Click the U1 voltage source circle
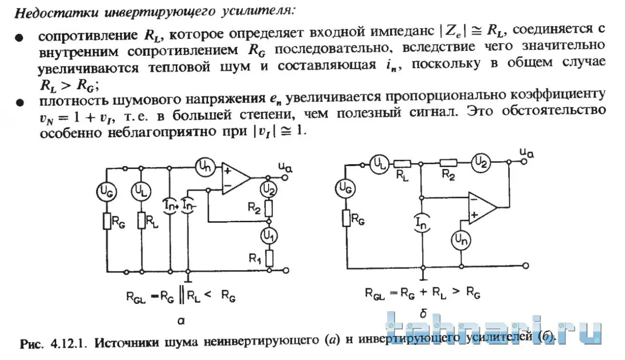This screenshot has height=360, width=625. point(269,236)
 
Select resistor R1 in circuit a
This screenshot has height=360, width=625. point(269,258)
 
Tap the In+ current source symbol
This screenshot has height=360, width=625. point(170,206)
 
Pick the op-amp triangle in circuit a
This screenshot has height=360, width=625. point(236,178)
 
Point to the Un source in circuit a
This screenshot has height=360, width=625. point(205,168)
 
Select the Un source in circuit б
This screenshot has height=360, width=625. point(461,240)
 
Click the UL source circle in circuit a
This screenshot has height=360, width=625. point(141,191)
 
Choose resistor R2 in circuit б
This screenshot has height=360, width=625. point(448,163)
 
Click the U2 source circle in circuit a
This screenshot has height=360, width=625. point(269,190)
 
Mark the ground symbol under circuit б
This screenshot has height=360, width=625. point(423,278)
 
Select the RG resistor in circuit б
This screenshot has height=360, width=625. point(347,218)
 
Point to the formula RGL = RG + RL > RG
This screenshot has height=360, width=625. point(422,293)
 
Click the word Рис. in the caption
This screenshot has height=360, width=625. point(32,344)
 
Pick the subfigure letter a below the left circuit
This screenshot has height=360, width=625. point(181,321)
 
